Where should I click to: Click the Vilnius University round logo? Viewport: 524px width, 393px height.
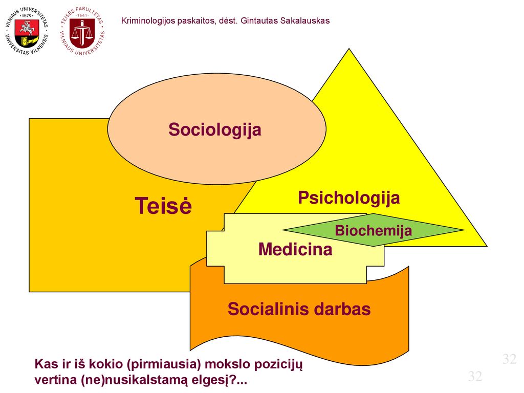tap(27, 31)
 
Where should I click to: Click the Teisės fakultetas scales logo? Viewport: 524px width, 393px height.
tap(82, 31)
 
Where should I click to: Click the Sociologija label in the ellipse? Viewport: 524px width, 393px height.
tap(215, 129)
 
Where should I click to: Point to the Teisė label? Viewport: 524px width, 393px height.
tap(163, 205)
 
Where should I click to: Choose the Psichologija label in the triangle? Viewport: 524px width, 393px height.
tap(349, 198)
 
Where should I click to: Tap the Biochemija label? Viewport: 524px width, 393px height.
tap(373, 230)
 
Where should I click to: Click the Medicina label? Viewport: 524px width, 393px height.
tap(295, 249)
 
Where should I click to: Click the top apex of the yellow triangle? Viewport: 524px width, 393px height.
tap(349, 49)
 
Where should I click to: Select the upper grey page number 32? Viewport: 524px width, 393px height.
tap(509, 359)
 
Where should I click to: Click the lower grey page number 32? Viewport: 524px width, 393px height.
tap(475, 376)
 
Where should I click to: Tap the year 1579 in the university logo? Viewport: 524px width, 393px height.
tap(27, 15)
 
